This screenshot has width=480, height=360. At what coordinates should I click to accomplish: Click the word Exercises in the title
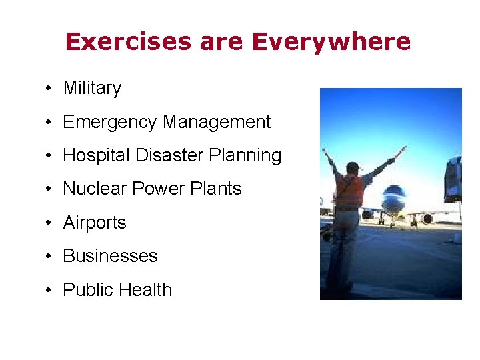(125, 42)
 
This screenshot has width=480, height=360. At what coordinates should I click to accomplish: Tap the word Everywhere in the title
(331, 42)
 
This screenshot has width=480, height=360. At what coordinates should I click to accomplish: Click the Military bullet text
(92, 88)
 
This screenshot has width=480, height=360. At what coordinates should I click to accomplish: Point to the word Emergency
(110, 123)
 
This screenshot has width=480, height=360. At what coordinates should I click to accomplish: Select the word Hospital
(96, 156)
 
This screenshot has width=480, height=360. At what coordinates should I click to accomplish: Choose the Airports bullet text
(95, 223)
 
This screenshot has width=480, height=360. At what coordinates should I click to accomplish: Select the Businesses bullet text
(110, 256)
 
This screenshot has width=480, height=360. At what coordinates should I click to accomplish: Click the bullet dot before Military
(50, 89)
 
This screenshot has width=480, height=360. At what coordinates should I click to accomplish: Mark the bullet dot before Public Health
(50, 290)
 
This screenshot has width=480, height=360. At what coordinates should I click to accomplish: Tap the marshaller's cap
(353, 165)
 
